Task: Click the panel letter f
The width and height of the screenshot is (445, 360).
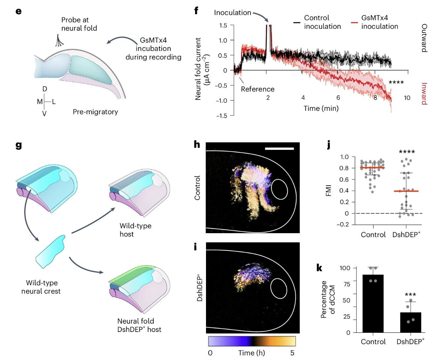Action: pos(196,11)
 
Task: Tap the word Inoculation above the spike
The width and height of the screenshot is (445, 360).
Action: pos(232,13)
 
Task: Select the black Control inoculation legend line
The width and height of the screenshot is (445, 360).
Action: pos(297,22)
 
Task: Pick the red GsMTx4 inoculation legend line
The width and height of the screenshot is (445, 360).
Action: pos(354,22)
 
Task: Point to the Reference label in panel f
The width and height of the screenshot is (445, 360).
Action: pos(257,89)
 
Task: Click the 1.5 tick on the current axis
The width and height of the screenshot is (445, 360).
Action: pos(223,25)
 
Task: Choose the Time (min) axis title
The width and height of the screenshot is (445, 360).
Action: pos(321,108)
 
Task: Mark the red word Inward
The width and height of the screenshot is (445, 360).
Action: pos(424,93)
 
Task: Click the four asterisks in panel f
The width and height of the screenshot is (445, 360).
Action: pos(396,82)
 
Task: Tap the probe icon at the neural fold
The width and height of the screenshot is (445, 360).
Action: pos(60,40)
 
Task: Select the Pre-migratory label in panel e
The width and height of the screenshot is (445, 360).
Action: pos(95,112)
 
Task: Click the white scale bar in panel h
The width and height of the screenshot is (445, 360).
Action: pos(279,149)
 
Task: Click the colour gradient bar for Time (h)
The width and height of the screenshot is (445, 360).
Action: pos(252,341)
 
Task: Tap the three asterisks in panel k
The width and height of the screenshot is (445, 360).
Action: pos(410,295)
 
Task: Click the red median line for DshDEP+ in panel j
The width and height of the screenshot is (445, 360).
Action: pos(406,191)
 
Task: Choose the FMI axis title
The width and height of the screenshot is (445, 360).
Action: pos(328,191)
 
